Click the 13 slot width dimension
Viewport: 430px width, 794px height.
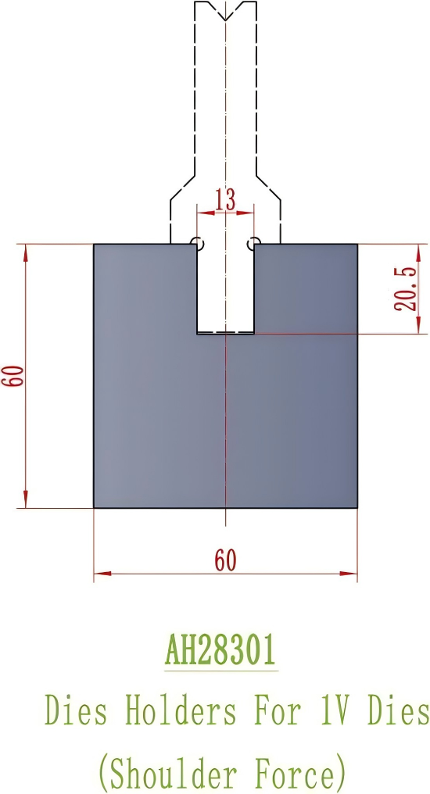tap(225, 200)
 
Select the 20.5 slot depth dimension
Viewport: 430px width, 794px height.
tap(409, 289)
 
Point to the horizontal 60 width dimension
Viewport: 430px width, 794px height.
tap(225, 560)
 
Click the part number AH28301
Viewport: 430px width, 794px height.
tap(220, 649)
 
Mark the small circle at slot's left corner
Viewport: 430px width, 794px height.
tap(197, 243)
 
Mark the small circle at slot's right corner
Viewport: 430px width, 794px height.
tap(253, 243)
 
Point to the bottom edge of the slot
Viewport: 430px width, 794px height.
tap(225, 334)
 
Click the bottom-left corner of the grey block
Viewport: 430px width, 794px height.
tap(95, 508)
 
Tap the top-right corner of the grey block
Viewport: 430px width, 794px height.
tap(357, 245)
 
